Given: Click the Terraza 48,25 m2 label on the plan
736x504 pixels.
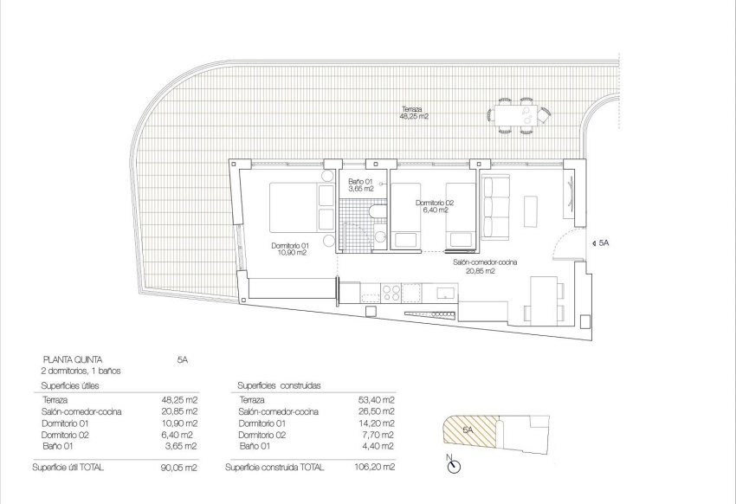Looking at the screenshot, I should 415,113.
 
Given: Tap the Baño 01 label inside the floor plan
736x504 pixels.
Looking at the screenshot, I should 359,184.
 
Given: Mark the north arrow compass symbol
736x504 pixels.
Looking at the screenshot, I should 452,467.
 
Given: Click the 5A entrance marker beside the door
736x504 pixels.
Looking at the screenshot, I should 602,245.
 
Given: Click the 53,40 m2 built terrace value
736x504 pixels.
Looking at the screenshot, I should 378,400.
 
